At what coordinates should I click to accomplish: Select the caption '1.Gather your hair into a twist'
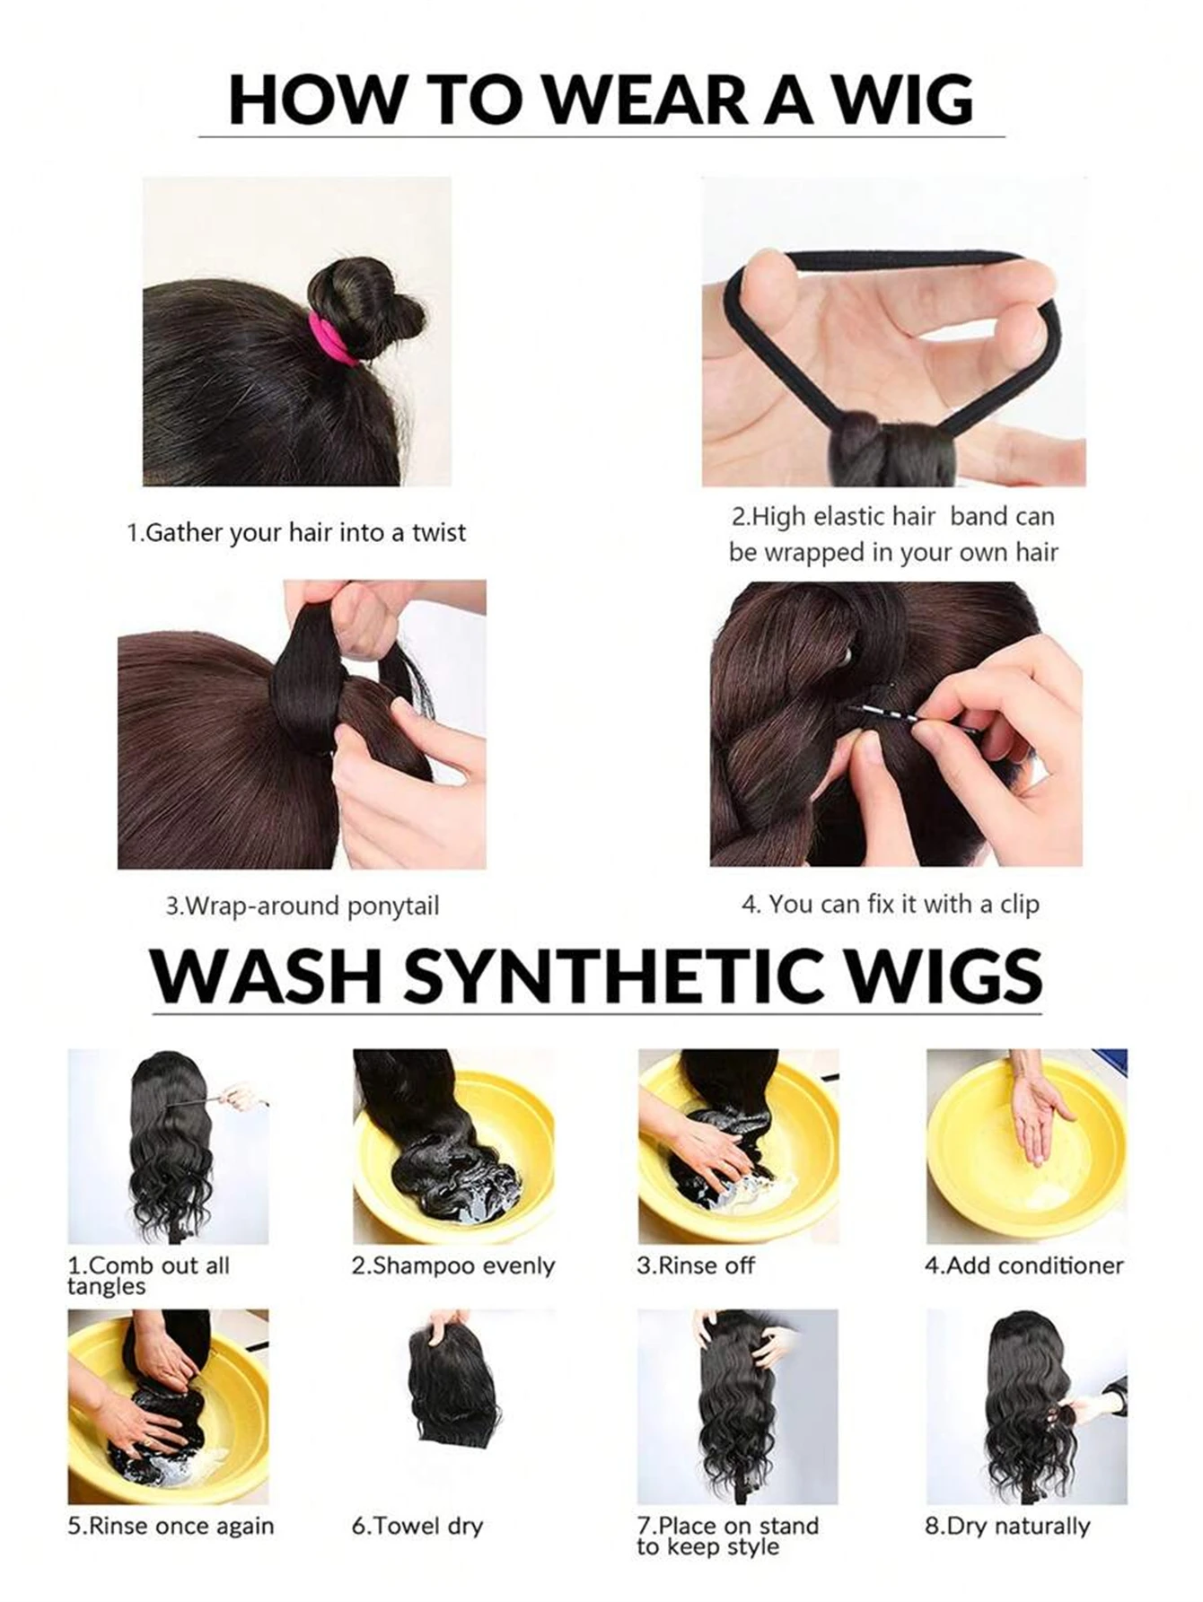296,533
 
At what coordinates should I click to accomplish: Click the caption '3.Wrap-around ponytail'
303,906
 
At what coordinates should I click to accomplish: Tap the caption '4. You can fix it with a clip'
890,904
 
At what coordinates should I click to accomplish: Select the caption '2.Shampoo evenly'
453,1266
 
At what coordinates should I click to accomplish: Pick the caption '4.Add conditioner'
1024,1265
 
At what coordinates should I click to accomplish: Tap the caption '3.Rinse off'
696,1265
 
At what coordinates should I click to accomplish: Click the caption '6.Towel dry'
417,1527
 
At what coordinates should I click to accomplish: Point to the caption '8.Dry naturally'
1007,1527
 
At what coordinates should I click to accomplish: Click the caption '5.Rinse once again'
171,1527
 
